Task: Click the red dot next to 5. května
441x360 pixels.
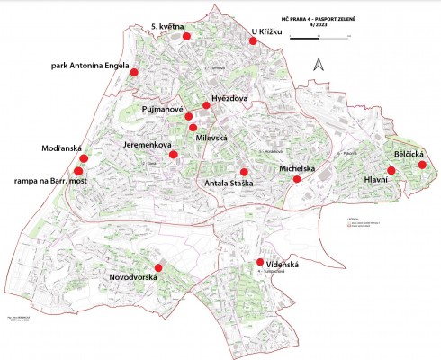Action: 186,38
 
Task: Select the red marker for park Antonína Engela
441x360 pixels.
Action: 134,73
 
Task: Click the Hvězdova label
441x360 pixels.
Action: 229,98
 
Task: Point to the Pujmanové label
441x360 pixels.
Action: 162,109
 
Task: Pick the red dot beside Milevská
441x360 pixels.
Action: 193,127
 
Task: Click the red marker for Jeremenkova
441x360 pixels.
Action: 174,154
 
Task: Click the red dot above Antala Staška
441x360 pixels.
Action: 243,172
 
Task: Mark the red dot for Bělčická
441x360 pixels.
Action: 422,165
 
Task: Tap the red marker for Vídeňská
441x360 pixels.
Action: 260,263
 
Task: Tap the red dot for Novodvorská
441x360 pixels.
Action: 158,267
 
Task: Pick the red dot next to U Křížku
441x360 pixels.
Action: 253,40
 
